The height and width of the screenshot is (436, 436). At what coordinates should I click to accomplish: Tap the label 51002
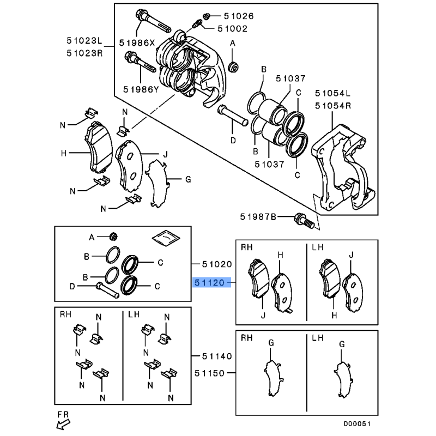tap(228, 29)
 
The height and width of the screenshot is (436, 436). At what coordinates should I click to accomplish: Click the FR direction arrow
tap(64, 421)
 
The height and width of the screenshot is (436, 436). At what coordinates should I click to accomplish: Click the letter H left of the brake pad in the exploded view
tap(64, 154)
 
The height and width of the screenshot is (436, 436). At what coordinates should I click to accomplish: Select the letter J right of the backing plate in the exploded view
tap(164, 154)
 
